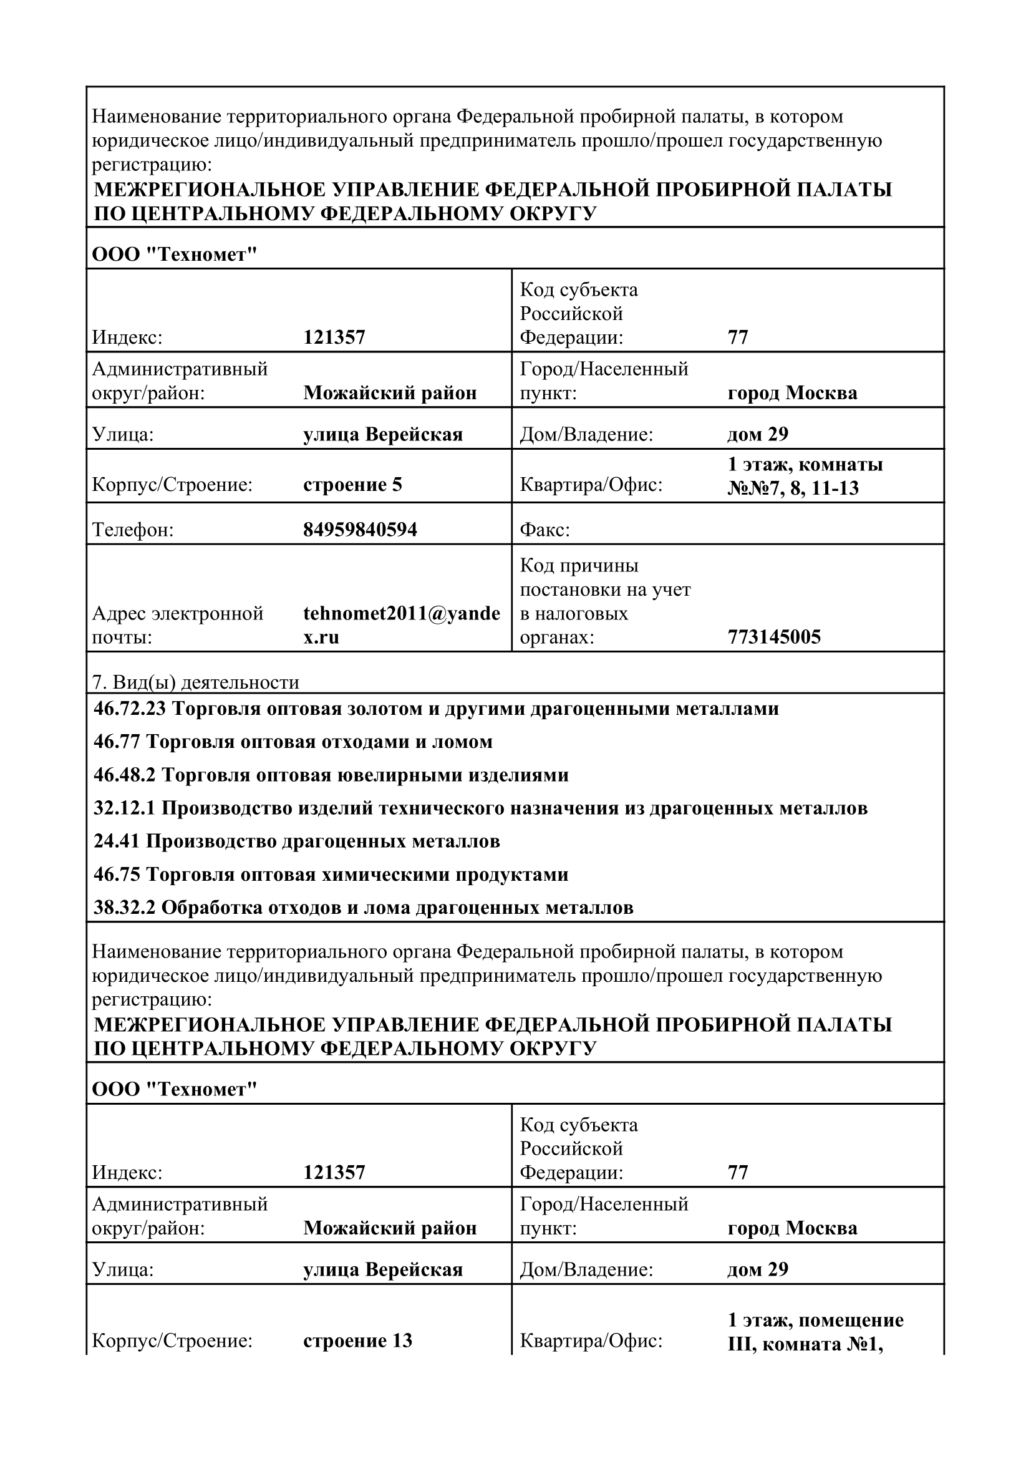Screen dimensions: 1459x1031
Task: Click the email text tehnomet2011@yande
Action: pyautogui.click(x=402, y=613)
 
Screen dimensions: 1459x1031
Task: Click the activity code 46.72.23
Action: pyautogui.click(x=129, y=709)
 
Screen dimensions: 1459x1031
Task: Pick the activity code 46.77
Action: pyautogui.click(x=117, y=742)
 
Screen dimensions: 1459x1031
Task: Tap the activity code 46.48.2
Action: pyautogui.click(x=125, y=775)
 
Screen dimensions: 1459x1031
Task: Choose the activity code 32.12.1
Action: pyautogui.click(x=125, y=808)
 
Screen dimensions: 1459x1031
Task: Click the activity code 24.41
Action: pyautogui.click(x=117, y=841)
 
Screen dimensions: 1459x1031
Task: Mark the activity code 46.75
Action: pyautogui.click(x=117, y=875)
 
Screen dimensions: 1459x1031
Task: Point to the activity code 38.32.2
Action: pyautogui.click(x=125, y=908)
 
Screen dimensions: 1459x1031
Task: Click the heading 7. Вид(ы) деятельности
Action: pyautogui.click(x=196, y=682)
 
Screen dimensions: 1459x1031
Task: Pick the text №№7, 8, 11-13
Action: pyautogui.click(x=793, y=488)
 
